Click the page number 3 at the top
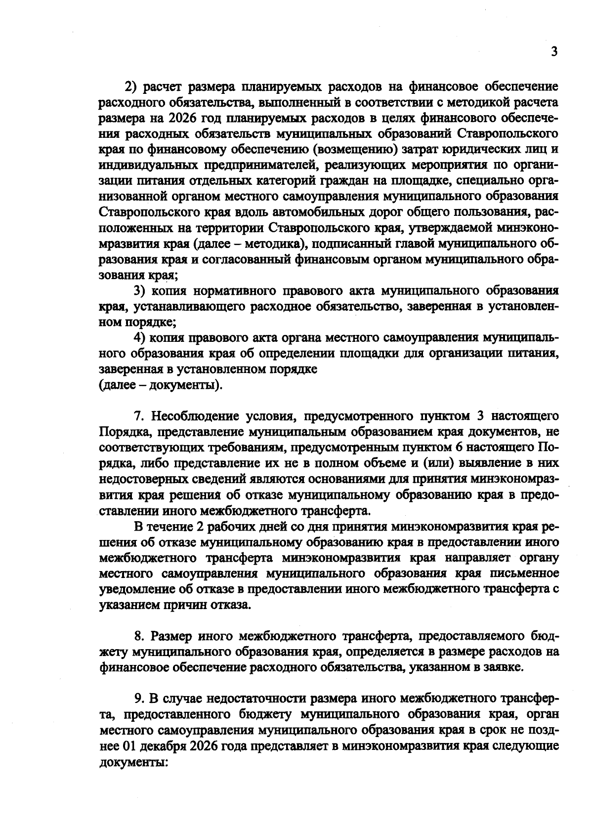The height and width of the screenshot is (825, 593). (554, 52)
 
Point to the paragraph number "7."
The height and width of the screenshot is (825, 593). (139, 415)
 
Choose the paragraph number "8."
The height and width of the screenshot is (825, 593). (140, 636)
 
